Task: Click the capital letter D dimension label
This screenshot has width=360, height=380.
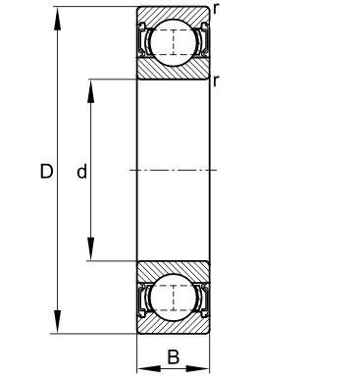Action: coord(46,172)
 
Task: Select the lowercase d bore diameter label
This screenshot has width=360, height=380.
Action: coord(81,172)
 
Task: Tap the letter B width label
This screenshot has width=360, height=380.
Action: coord(173,356)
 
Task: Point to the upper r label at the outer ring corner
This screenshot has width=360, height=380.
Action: coord(215,8)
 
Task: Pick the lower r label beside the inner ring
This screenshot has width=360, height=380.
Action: coord(215,80)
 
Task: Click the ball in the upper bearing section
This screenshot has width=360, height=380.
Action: coord(173,42)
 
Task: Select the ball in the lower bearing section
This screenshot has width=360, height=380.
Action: coord(173,298)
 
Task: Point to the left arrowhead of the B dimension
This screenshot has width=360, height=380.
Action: coord(142,369)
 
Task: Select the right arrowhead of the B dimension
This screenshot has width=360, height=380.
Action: coord(203,369)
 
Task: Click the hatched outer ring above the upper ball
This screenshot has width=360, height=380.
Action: coord(173,13)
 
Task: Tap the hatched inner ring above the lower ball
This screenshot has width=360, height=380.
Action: coord(173,269)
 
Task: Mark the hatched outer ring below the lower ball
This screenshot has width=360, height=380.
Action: coord(173,327)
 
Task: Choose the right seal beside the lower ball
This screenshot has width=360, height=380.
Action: coord(201,298)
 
